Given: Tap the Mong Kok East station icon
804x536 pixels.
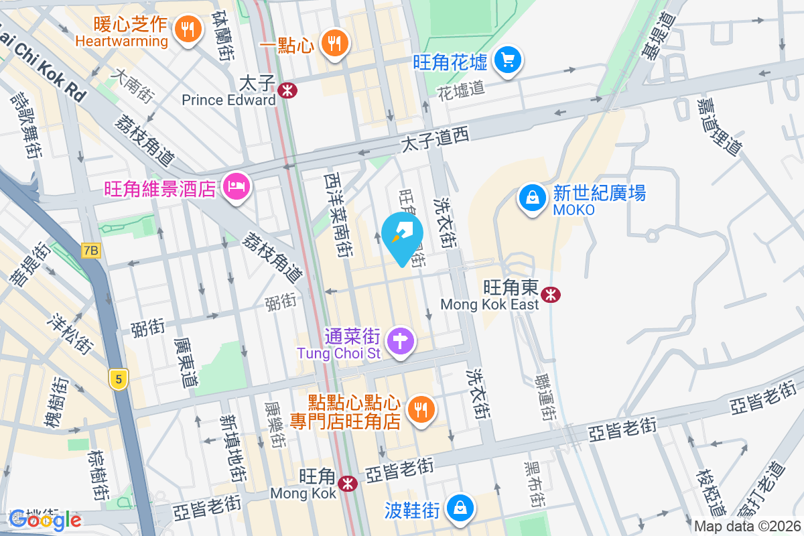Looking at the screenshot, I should pyautogui.click(x=550, y=294).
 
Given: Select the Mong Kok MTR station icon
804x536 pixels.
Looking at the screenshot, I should pyautogui.click(x=347, y=483).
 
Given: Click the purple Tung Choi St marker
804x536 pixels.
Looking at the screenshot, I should pyautogui.click(x=401, y=340).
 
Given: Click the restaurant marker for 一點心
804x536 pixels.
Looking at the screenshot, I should pyautogui.click(x=334, y=44).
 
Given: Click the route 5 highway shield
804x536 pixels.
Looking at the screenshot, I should pyautogui.click(x=119, y=379).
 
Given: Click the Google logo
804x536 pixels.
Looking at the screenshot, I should pyautogui.click(x=45, y=519).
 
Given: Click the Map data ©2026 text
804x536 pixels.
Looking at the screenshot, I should pyautogui.click(x=748, y=527).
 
